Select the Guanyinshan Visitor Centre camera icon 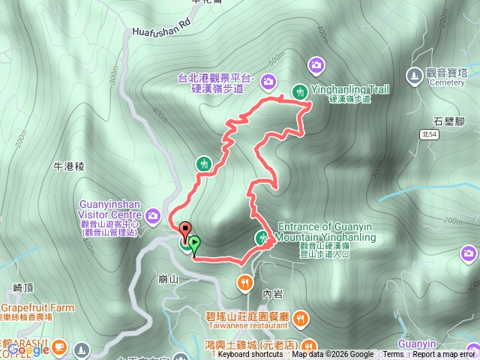tap(154, 217)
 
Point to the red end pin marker tap(184, 229)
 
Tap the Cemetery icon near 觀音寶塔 tap(414, 75)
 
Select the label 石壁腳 tap(451, 120)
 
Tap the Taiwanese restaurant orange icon tap(300, 319)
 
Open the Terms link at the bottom tap(393, 355)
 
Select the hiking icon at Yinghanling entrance tap(262, 238)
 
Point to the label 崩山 tap(166, 278)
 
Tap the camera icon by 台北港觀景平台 tap(269, 81)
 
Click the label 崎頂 tap(25, 287)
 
